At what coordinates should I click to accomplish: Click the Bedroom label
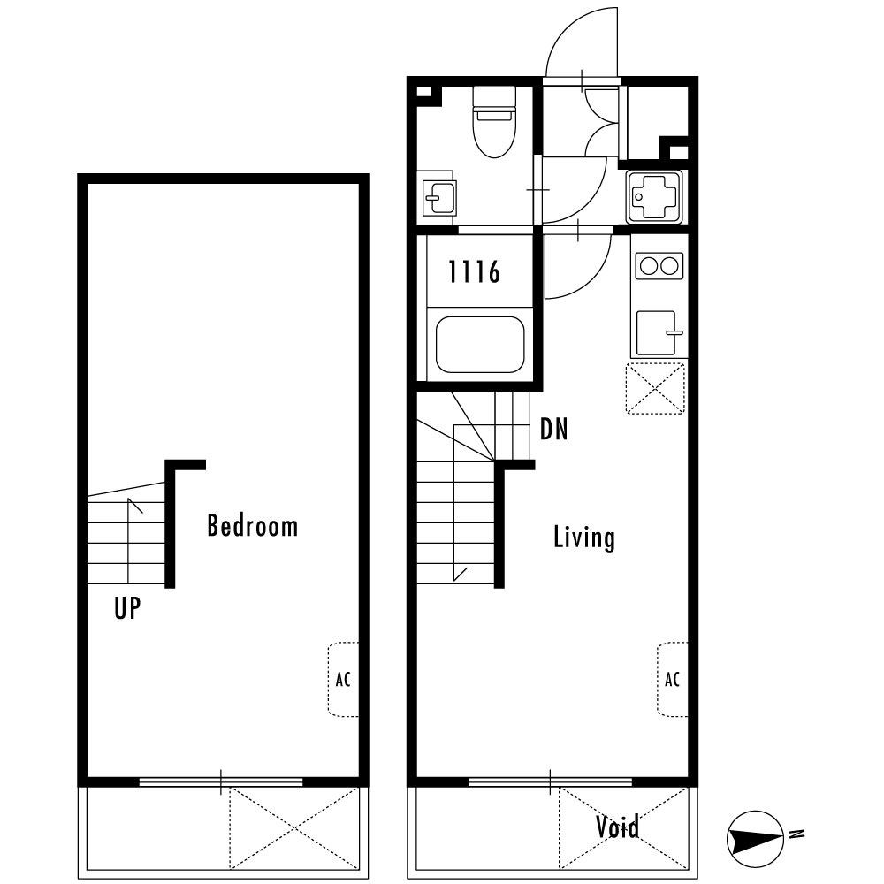[x=253, y=525]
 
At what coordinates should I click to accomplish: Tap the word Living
[x=584, y=537]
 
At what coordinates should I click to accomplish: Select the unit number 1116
[x=474, y=271]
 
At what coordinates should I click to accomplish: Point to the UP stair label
[x=127, y=608]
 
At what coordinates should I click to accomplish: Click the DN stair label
[x=553, y=429]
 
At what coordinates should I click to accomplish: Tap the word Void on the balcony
[x=618, y=827]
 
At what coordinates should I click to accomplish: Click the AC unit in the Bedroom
[x=343, y=679]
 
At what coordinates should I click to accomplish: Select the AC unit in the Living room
[x=673, y=679]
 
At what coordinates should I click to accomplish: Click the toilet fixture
[x=494, y=122]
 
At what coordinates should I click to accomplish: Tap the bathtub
[x=480, y=345]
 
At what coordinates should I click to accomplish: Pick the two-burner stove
[x=659, y=265]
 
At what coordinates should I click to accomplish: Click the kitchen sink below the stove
[x=658, y=332]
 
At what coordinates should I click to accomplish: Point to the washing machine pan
[x=654, y=197]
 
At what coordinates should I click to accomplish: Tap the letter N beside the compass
[x=796, y=834]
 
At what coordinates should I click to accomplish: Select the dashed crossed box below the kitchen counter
[x=655, y=388]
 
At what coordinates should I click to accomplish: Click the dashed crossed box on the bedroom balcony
[x=293, y=828]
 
